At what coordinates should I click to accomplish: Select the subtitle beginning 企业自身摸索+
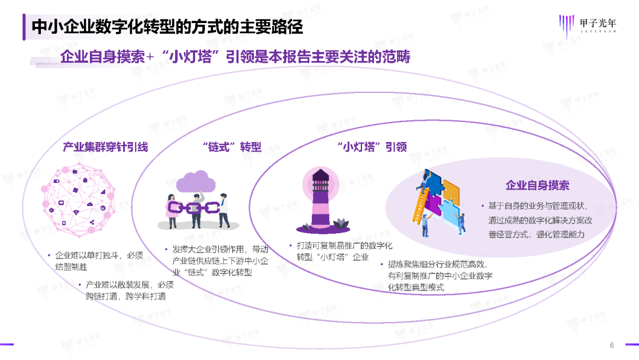pyautogui.click(x=235, y=57)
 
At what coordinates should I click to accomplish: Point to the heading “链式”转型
pyautogui.click(x=231, y=147)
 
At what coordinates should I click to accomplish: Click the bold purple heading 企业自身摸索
pyautogui.click(x=537, y=185)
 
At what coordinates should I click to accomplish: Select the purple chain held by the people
pyautogui.click(x=195, y=208)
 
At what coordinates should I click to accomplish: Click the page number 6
pyautogui.click(x=612, y=345)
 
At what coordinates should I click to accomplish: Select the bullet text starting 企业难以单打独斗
pyautogui.click(x=97, y=261)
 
